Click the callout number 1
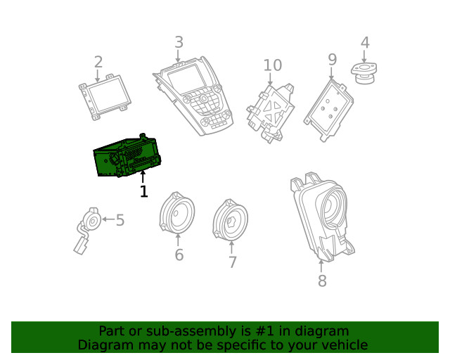tap(143, 191)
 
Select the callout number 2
tap(98, 62)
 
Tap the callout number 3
tap(179, 42)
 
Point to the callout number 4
tap(365, 42)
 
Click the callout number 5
tap(120, 220)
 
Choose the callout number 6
tap(179, 255)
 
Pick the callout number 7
tap(232, 262)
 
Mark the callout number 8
tap(322, 281)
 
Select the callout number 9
tap(332, 60)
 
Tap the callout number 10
tap(273, 65)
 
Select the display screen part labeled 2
tap(105, 97)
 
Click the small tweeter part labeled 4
tap(364, 73)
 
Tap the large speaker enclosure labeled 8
tap(322, 217)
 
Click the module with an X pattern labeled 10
tap(270, 113)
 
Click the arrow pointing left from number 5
tap(108, 219)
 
